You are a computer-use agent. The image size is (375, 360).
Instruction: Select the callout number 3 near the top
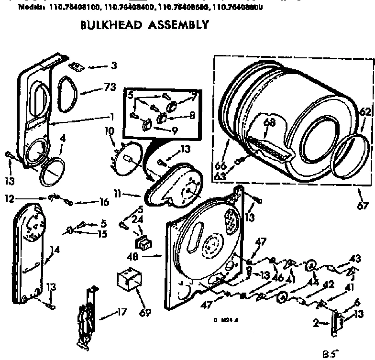113,65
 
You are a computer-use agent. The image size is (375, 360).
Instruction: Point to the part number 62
365,112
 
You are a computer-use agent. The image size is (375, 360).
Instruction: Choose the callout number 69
145,313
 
